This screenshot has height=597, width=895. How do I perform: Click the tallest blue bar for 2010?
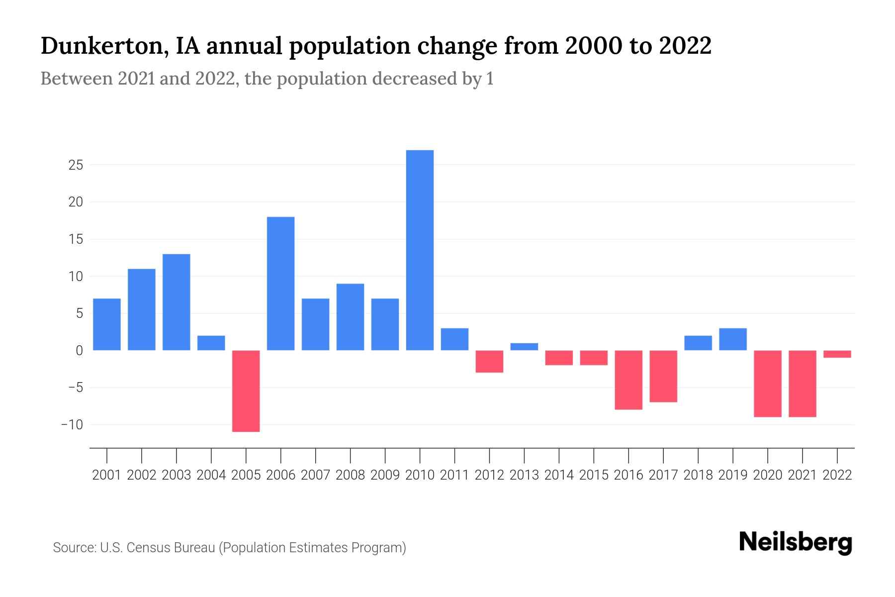click(420, 250)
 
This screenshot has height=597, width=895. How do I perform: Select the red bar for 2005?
click(246, 391)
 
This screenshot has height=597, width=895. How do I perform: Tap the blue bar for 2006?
click(280, 284)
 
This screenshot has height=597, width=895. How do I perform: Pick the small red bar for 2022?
click(837, 354)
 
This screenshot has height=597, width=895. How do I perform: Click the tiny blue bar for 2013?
click(524, 347)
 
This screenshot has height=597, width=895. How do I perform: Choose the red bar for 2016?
click(628, 380)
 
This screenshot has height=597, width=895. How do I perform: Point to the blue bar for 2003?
click(176, 302)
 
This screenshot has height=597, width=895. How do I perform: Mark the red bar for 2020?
click(767, 384)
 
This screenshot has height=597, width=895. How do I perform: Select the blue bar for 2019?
click(732, 339)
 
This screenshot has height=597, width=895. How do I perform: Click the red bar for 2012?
click(489, 361)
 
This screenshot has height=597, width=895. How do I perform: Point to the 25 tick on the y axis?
click(76, 165)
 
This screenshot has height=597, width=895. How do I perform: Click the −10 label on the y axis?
click(72, 425)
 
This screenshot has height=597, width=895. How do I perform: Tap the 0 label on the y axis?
click(79, 351)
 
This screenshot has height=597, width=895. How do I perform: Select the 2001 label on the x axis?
click(106, 475)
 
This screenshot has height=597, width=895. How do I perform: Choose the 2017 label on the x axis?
click(663, 475)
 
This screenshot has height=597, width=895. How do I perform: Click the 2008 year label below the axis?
click(350, 475)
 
